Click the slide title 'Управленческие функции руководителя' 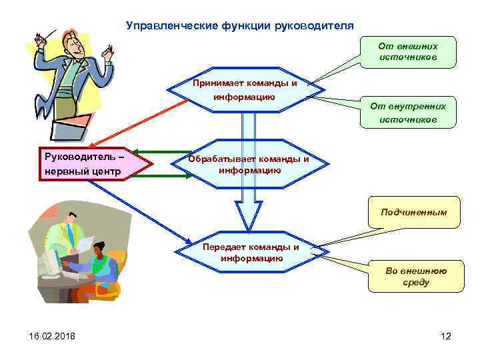coord(240,26)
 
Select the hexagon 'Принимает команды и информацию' coord(244,90)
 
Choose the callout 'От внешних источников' coord(407,52)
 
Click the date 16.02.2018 coord(43,336)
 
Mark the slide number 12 coord(446,336)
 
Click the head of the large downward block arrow coord(249,217)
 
